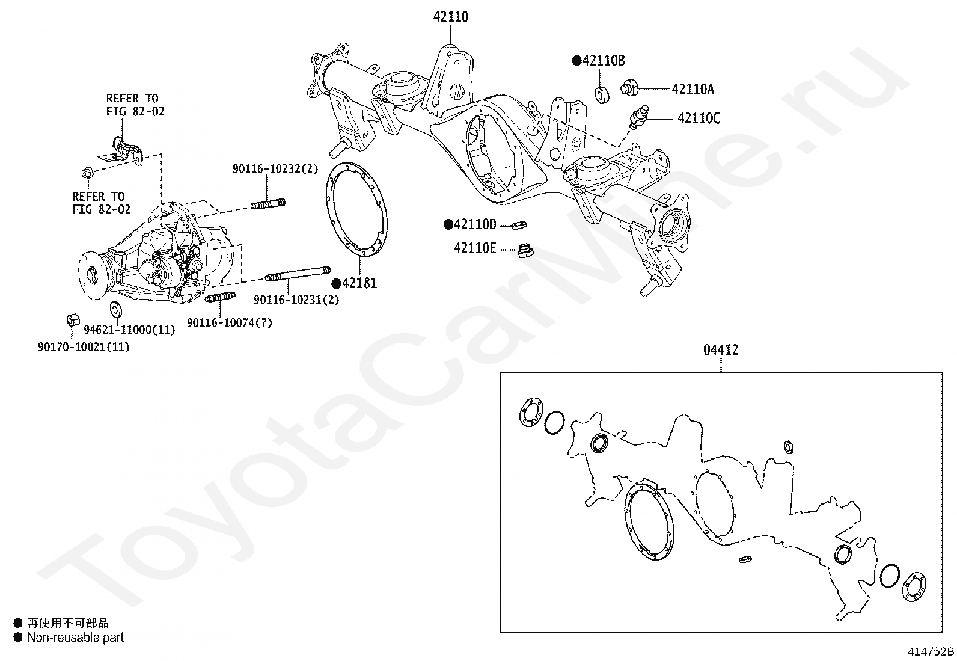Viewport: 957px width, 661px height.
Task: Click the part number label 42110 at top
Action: (x=451, y=17)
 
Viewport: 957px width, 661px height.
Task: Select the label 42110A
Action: (x=693, y=89)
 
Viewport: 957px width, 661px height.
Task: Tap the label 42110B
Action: (x=604, y=60)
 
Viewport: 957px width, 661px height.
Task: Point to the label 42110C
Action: (x=698, y=118)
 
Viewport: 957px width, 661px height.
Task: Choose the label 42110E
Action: (x=475, y=248)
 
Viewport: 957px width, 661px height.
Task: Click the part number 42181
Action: (x=359, y=283)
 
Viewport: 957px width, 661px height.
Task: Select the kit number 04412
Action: (x=721, y=349)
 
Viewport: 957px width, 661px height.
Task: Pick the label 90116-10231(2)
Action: (x=296, y=300)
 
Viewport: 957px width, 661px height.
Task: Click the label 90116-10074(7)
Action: (x=229, y=323)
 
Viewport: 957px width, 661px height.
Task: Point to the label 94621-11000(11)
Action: (x=129, y=330)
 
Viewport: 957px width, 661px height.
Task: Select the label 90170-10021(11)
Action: (x=84, y=347)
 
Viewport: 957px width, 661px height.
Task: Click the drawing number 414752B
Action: (x=931, y=651)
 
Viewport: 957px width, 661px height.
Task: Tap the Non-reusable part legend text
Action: (x=75, y=638)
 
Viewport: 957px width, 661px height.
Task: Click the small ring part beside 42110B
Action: (x=602, y=94)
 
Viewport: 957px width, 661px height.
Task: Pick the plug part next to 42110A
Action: (x=629, y=87)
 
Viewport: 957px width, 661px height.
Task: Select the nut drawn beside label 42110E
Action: (x=525, y=251)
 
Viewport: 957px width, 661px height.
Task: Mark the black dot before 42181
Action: (x=337, y=283)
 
